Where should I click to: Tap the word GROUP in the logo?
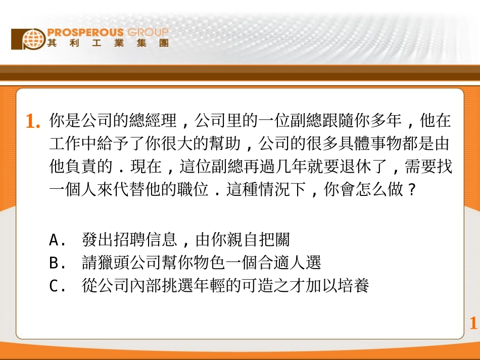pos(148,33)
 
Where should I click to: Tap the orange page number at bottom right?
pos(473,323)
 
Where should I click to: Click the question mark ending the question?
pos(412,191)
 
